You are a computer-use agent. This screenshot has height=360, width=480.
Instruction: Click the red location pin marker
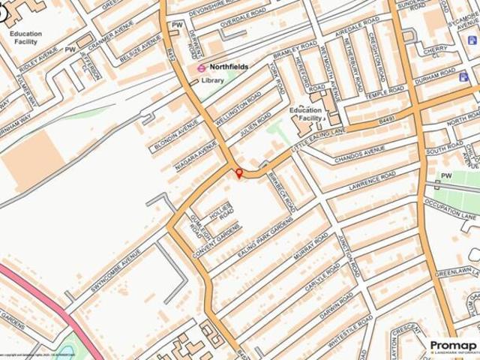click(x=239, y=174)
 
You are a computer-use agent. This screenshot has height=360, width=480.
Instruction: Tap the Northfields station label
click(x=229, y=67)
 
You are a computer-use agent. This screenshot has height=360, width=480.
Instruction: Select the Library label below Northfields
click(x=212, y=79)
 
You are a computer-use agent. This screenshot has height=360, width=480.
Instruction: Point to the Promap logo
click(x=453, y=345)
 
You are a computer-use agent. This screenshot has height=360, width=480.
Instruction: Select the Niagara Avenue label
click(x=196, y=154)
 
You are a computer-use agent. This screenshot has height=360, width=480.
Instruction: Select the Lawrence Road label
click(x=372, y=181)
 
